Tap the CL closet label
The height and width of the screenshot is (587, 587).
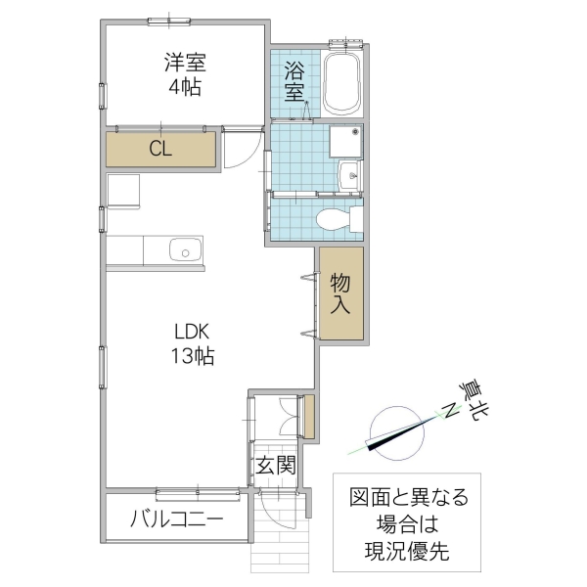(x=161, y=149)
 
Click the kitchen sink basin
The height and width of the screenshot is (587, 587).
(x=183, y=251)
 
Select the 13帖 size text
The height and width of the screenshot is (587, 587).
(x=191, y=355)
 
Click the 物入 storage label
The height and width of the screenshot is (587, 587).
(x=340, y=293)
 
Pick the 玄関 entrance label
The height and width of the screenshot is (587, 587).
(x=276, y=466)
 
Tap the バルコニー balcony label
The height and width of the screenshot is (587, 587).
(x=176, y=518)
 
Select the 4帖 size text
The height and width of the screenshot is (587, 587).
(x=185, y=88)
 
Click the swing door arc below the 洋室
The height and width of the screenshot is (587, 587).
(x=241, y=149)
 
